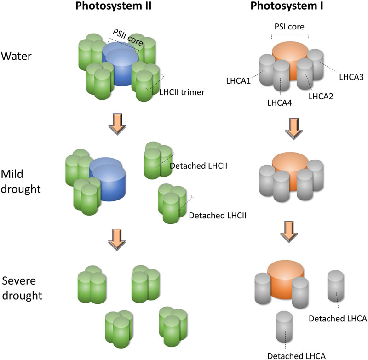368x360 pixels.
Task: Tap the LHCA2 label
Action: [321, 96]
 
